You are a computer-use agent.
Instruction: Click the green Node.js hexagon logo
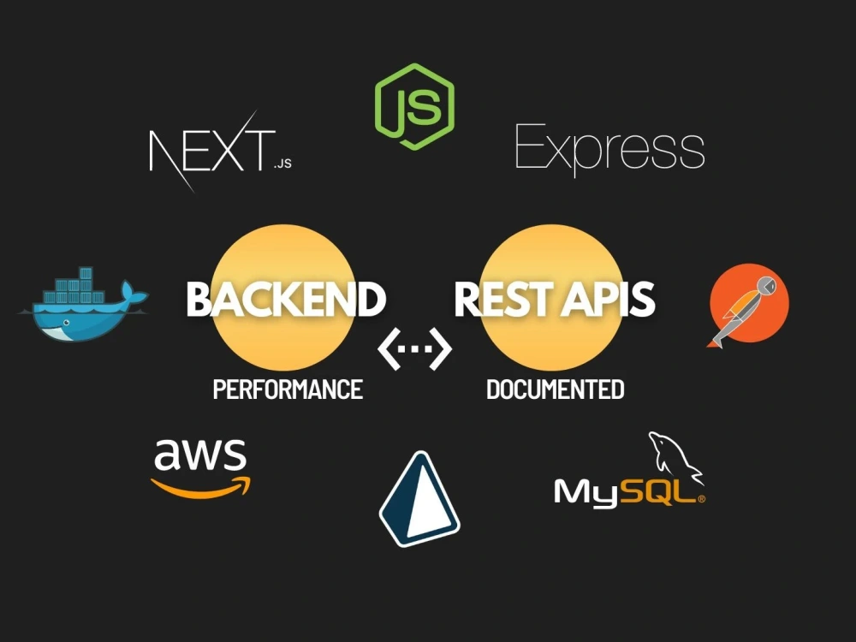pos(415,106)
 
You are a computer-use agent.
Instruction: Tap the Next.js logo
pos(221,151)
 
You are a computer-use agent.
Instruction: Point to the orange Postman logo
pos(749,305)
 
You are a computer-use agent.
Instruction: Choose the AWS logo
pos(200,468)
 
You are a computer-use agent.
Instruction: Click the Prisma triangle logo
pos(419,499)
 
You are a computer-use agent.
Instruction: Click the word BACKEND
pos(286,299)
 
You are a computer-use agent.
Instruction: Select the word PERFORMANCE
pos(288,389)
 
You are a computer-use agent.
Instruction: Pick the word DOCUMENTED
pos(556,389)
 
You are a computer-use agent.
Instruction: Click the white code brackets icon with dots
pos(415,349)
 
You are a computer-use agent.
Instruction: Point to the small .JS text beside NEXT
pos(282,163)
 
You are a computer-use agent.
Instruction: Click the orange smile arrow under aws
pos(200,488)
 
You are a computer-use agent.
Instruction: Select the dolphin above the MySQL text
pos(675,457)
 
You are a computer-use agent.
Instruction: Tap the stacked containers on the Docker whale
pos(74,286)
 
